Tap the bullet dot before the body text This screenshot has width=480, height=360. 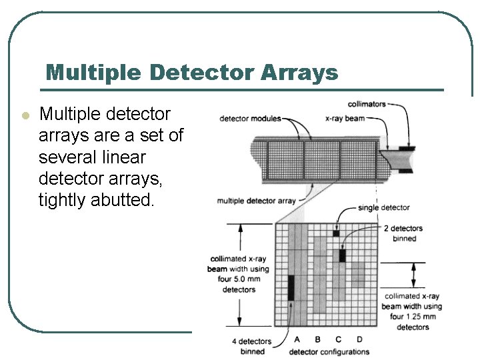coord(25,115)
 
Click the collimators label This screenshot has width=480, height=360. coord(367,104)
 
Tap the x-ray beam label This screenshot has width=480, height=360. coord(345,118)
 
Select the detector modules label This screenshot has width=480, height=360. coord(250,119)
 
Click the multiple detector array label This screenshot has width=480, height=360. coord(256,201)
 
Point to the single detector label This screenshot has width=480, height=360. coord(383,207)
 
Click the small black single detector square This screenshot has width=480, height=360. coord(337,233)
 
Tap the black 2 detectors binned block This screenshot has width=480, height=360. coord(342,255)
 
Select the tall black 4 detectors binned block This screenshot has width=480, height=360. coord(291,287)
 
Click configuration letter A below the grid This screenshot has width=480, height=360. coord(296,340)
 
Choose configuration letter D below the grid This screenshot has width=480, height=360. coord(359,340)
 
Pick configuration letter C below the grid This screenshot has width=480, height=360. coord(339,340)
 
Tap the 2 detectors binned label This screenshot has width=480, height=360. coord(403,233)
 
